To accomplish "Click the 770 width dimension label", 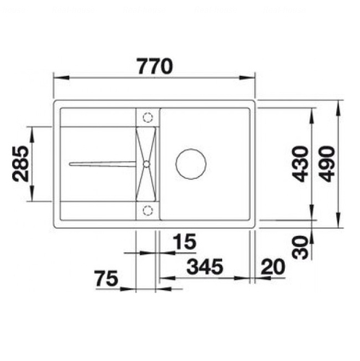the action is [155, 66].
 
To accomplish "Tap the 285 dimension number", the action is [20, 164].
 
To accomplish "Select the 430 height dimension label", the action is [301, 164].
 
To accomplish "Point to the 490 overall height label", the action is [327, 164].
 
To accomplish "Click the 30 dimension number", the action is [300, 247].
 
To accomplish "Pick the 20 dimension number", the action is [273, 267].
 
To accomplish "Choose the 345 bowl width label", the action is [205, 267].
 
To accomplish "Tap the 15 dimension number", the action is [184, 241].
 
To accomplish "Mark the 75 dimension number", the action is [106, 279].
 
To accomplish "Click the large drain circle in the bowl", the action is [191, 164].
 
